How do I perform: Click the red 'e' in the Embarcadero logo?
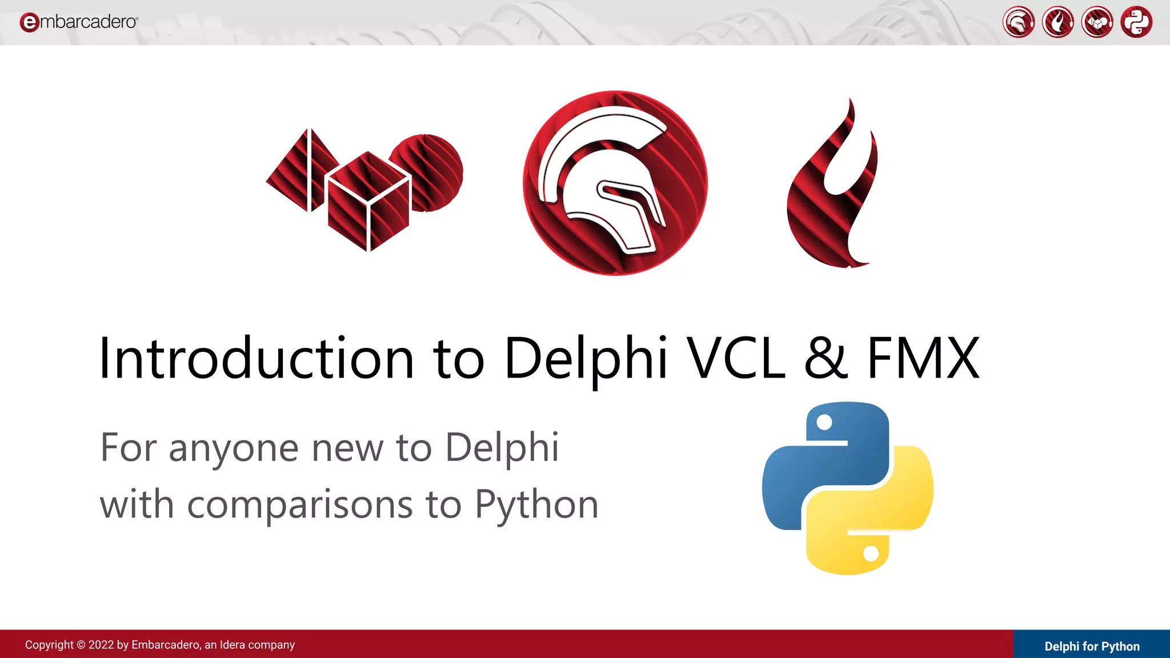coord(29,22)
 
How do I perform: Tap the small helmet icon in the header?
coord(1018,22)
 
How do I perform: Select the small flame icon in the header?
coord(1057,22)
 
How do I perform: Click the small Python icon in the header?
coord(1136,22)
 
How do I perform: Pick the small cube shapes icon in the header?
coord(1097,22)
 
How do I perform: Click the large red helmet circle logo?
coord(615,183)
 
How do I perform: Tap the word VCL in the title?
coord(736,359)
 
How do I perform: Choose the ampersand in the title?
coord(826,359)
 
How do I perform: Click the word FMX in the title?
coord(923,359)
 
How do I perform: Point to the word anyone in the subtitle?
coord(233,448)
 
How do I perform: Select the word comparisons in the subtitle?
coord(300,505)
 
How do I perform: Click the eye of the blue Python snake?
coord(824,423)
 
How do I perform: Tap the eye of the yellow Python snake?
coord(871,553)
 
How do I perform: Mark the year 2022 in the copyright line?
coord(101,645)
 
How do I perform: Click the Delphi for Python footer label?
coord(1092,646)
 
